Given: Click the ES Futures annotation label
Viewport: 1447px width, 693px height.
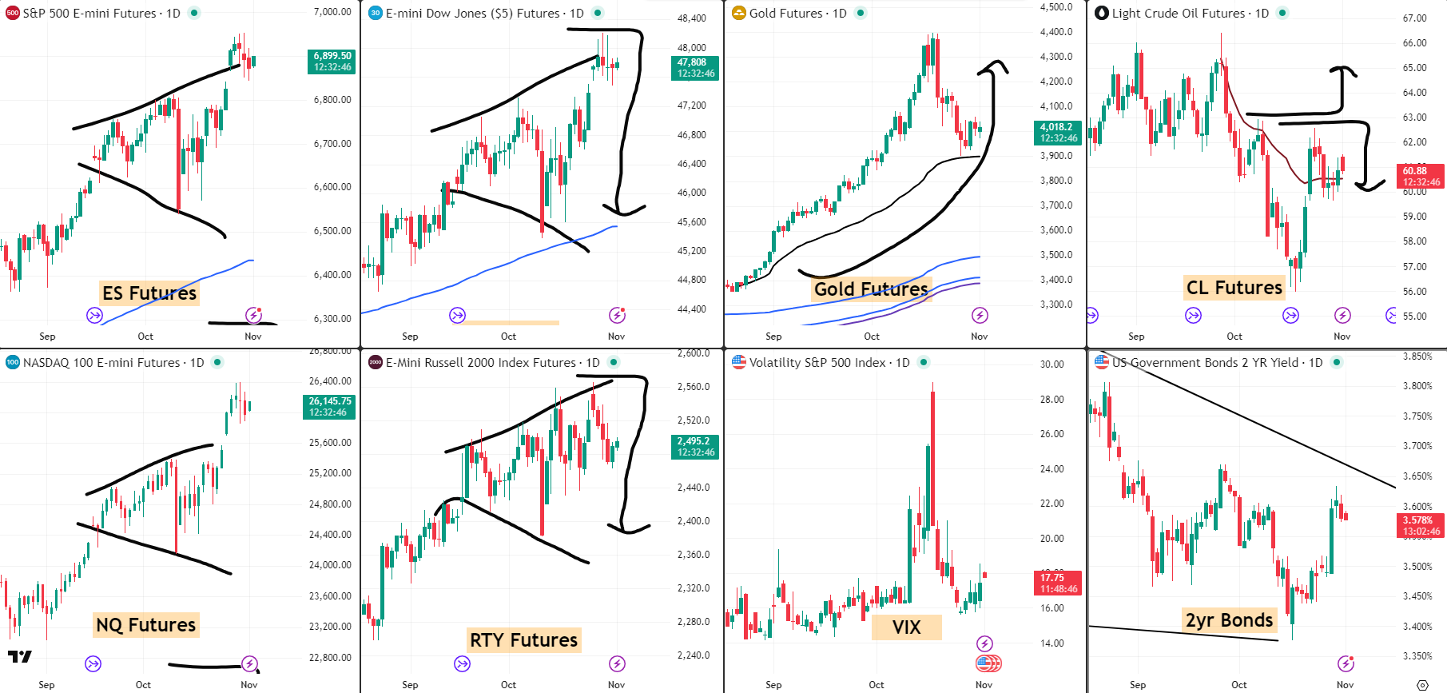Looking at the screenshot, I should (x=149, y=293).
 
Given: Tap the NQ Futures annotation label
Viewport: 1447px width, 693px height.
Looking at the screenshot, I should (x=146, y=625).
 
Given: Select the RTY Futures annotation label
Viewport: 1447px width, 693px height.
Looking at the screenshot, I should (x=523, y=640).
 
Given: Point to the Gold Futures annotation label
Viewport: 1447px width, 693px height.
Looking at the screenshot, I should (x=871, y=289).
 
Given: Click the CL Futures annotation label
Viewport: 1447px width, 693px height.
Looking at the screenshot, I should (x=1234, y=288).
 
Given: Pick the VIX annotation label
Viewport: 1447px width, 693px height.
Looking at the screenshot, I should (x=906, y=627).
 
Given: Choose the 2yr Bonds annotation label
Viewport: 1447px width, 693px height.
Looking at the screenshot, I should (x=1229, y=620).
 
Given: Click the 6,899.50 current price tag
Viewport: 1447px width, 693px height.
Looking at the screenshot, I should (x=332, y=62).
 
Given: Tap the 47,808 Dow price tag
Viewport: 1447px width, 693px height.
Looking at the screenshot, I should (x=696, y=68).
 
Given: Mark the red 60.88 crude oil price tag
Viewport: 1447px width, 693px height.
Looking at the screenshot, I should (x=1421, y=177).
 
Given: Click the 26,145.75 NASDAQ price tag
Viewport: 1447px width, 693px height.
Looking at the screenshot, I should (x=329, y=407).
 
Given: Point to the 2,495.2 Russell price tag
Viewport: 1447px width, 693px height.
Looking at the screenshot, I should (x=695, y=447).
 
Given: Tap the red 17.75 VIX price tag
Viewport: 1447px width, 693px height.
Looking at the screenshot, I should (x=1058, y=583).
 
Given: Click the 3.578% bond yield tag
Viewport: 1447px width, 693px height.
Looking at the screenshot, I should (x=1421, y=525).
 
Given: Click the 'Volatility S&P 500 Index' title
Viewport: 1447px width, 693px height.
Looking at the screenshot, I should (x=818, y=363).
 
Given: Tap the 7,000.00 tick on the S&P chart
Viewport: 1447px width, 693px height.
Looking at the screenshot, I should (x=332, y=12).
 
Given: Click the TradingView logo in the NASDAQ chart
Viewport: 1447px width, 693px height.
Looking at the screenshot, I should (x=19, y=657).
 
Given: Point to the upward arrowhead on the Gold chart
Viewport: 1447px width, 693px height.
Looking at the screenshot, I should (x=994, y=66).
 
